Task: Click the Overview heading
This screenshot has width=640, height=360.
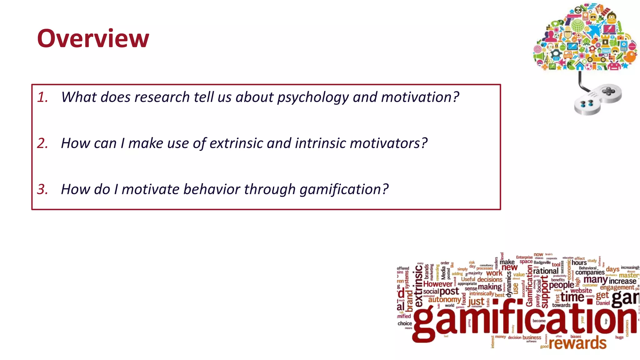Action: click(x=93, y=38)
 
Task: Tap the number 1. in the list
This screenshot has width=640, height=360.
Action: click(x=42, y=97)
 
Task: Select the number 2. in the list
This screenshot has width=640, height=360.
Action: click(x=42, y=143)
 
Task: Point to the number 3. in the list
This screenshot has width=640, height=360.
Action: click(x=42, y=189)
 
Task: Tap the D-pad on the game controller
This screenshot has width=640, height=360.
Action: click(x=608, y=91)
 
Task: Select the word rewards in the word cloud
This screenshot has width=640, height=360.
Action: click(x=577, y=343)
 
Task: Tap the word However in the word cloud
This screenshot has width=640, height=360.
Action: click(x=437, y=284)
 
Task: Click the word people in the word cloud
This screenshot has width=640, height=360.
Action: click(x=561, y=285)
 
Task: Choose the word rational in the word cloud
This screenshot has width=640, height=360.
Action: click(x=546, y=271)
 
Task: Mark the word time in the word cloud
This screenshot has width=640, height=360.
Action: click(x=572, y=297)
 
